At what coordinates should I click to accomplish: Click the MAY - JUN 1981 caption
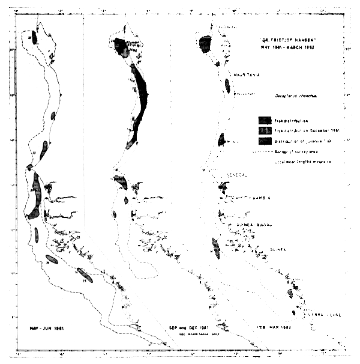click(x=47, y=329)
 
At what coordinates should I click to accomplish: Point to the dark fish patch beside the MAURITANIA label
click(x=227, y=86)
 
